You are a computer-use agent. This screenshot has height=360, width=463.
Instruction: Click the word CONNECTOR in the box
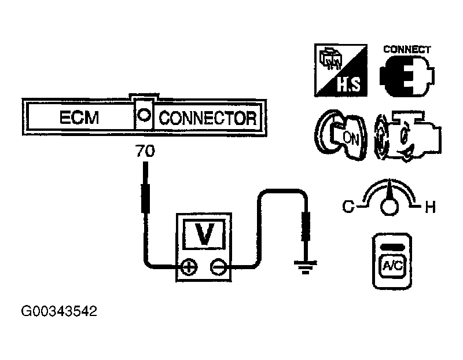[x=207, y=118]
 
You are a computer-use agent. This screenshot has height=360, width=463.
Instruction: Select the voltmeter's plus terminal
[x=189, y=267]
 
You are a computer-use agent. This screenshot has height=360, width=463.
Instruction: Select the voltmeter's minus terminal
[x=218, y=267]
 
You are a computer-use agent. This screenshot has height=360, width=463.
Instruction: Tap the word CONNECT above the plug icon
[x=407, y=49]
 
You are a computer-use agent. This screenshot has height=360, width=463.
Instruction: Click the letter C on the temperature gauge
[x=348, y=205]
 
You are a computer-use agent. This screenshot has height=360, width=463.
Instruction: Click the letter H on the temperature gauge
[x=429, y=207]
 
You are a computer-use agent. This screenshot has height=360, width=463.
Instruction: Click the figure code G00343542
[x=59, y=311]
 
